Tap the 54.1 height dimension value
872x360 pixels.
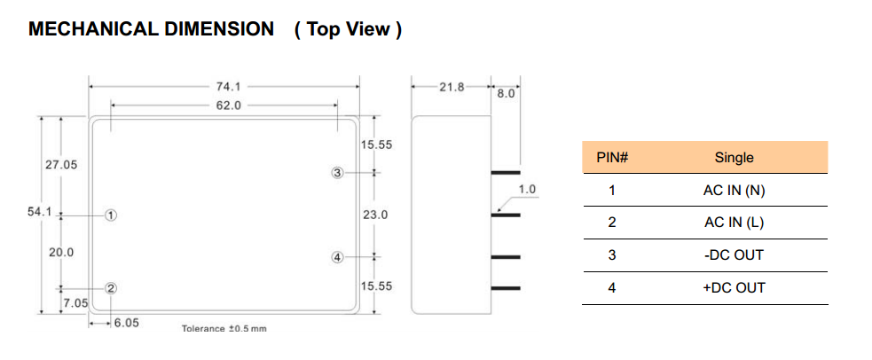tap(40, 212)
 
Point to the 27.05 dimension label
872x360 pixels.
tap(61, 165)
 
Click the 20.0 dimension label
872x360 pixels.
tap(61, 252)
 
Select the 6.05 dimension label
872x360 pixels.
tap(126, 323)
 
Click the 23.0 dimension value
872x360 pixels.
tap(375, 215)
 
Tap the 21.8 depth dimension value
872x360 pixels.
tap(452, 87)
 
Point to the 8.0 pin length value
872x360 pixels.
tap(506, 94)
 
